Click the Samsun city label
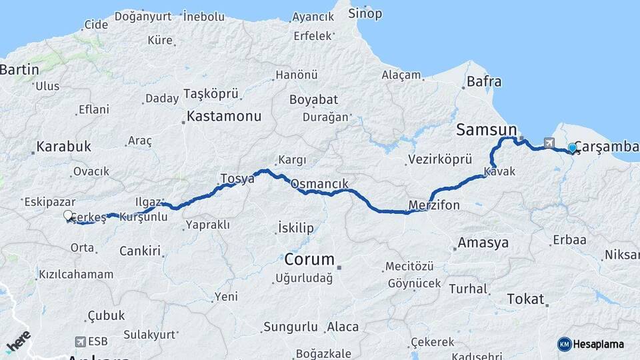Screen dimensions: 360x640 (487, 129)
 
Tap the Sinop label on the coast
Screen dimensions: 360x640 (366, 13)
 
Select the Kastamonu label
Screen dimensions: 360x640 (223, 116)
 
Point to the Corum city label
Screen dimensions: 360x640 (309, 259)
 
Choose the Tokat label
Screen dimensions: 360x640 (525, 299)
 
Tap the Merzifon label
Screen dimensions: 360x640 (434, 205)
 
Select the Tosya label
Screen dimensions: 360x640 (237, 179)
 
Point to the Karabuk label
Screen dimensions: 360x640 (64, 146)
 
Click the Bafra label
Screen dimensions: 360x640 (484, 81)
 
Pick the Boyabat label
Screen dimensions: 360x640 (313, 99)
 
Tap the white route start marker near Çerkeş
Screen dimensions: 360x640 (68, 215)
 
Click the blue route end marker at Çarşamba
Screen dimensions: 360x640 (572, 149)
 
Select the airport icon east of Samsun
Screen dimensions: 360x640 (549, 142)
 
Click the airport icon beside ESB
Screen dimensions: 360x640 (81, 342)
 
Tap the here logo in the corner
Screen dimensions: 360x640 (18, 341)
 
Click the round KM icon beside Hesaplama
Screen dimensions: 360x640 (564, 344)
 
